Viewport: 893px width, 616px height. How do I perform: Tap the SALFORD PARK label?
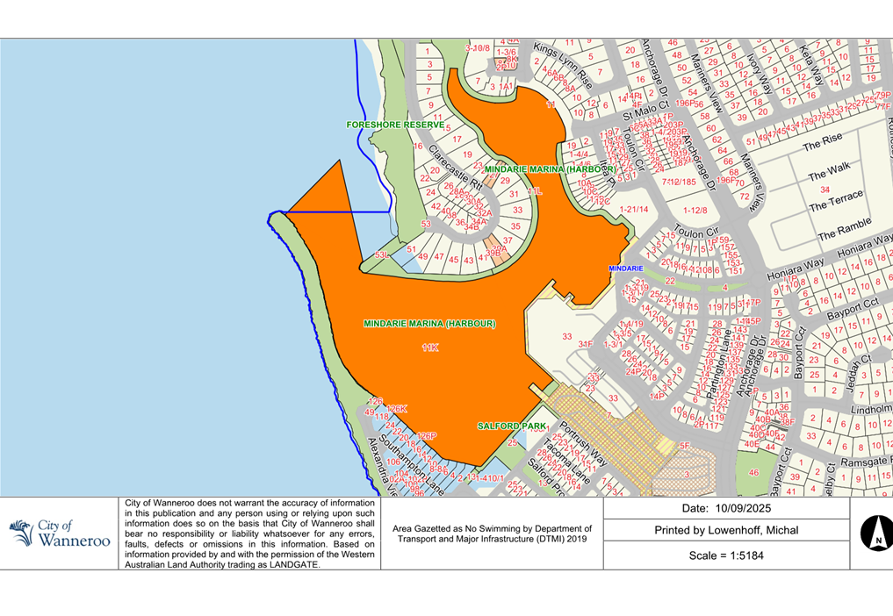(x=512, y=426)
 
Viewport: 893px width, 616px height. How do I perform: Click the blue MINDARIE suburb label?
(x=626, y=268)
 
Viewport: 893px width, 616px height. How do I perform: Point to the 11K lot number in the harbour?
(x=429, y=348)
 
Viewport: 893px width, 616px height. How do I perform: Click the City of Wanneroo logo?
(x=60, y=533)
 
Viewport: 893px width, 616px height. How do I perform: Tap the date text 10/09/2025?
(x=725, y=509)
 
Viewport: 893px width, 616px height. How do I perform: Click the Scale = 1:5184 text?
(x=725, y=555)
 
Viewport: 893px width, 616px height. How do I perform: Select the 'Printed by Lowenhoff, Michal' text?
(x=726, y=531)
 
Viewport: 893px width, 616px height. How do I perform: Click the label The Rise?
(x=822, y=140)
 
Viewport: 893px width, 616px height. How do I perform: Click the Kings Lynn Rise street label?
(x=562, y=66)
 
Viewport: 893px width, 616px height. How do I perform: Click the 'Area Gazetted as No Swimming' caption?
(x=492, y=534)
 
